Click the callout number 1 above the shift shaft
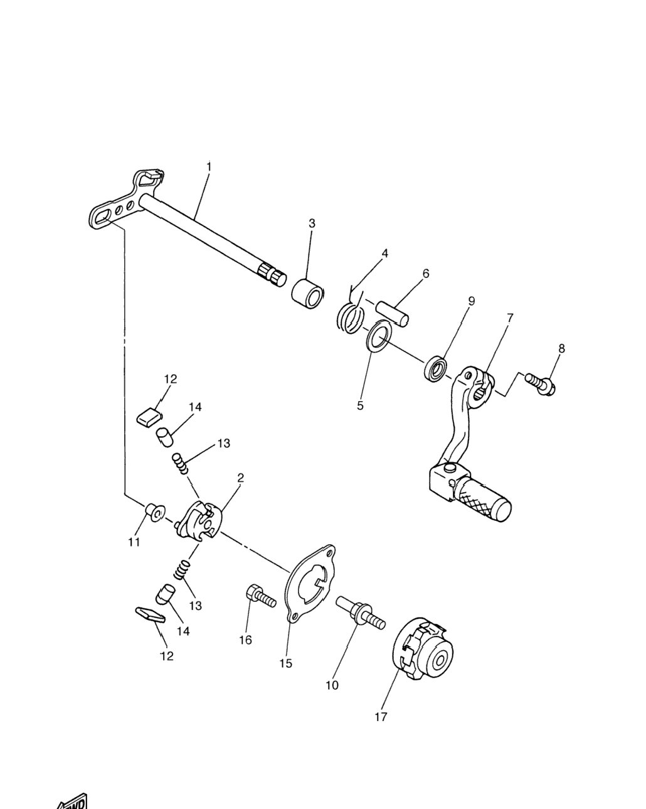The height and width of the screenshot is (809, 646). pos(209,166)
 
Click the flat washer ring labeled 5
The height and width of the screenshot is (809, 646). pos(379,336)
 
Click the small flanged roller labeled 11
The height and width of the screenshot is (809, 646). pos(155,512)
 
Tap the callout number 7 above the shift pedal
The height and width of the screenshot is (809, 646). pos(509,318)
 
